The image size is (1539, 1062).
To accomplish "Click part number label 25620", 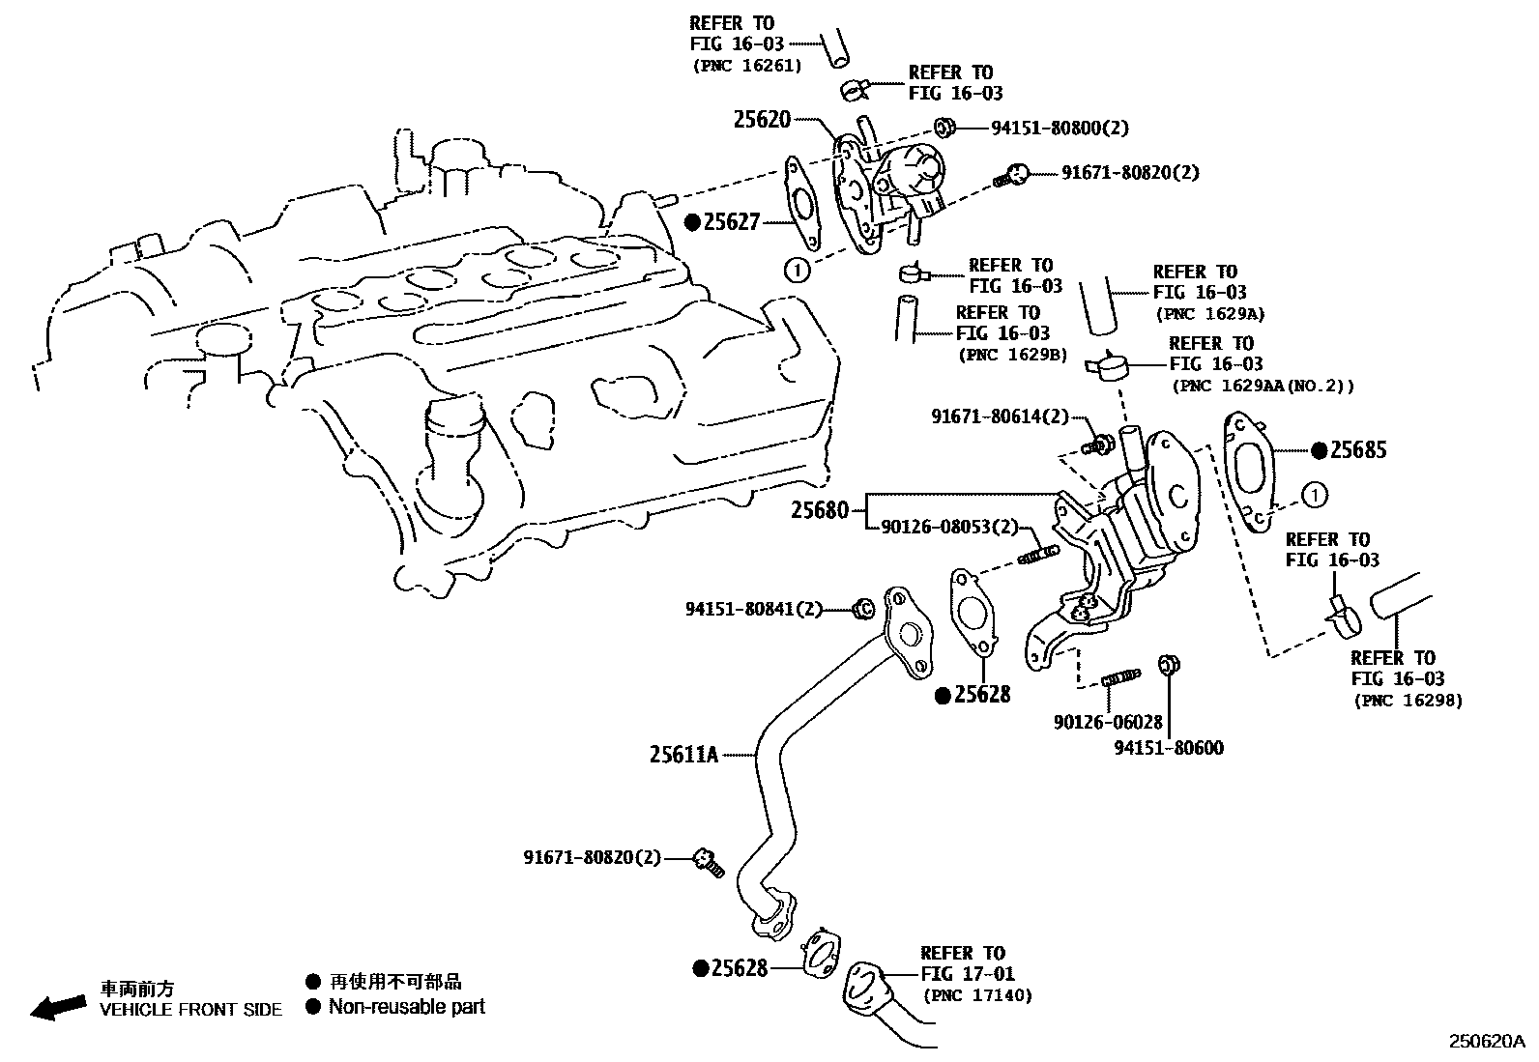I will tap(762, 120).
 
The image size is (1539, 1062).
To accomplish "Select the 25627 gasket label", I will tap(732, 222).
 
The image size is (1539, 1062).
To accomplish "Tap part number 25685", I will tap(1358, 449).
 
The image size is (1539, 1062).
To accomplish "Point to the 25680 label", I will tap(820, 510).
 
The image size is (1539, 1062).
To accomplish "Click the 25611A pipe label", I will tap(683, 755).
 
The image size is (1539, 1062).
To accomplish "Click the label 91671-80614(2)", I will tap(1001, 416).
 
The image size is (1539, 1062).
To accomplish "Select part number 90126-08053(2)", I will tap(950, 527).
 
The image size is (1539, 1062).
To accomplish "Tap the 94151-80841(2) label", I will tap(754, 609).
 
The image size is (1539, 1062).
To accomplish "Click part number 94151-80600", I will tap(1169, 748).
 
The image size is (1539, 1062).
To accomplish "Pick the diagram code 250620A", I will tap(1485, 1042).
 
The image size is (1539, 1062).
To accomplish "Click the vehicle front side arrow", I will tap(58, 1007).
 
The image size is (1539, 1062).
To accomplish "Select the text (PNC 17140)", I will tap(977, 995).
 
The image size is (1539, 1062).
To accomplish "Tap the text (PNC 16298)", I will tap(1408, 701).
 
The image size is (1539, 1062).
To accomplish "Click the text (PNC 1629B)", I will tap(1012, 355).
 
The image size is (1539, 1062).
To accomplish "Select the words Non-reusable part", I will tap(406, 1007).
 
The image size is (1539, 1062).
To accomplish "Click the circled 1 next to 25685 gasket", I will tap(1314, 495).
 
